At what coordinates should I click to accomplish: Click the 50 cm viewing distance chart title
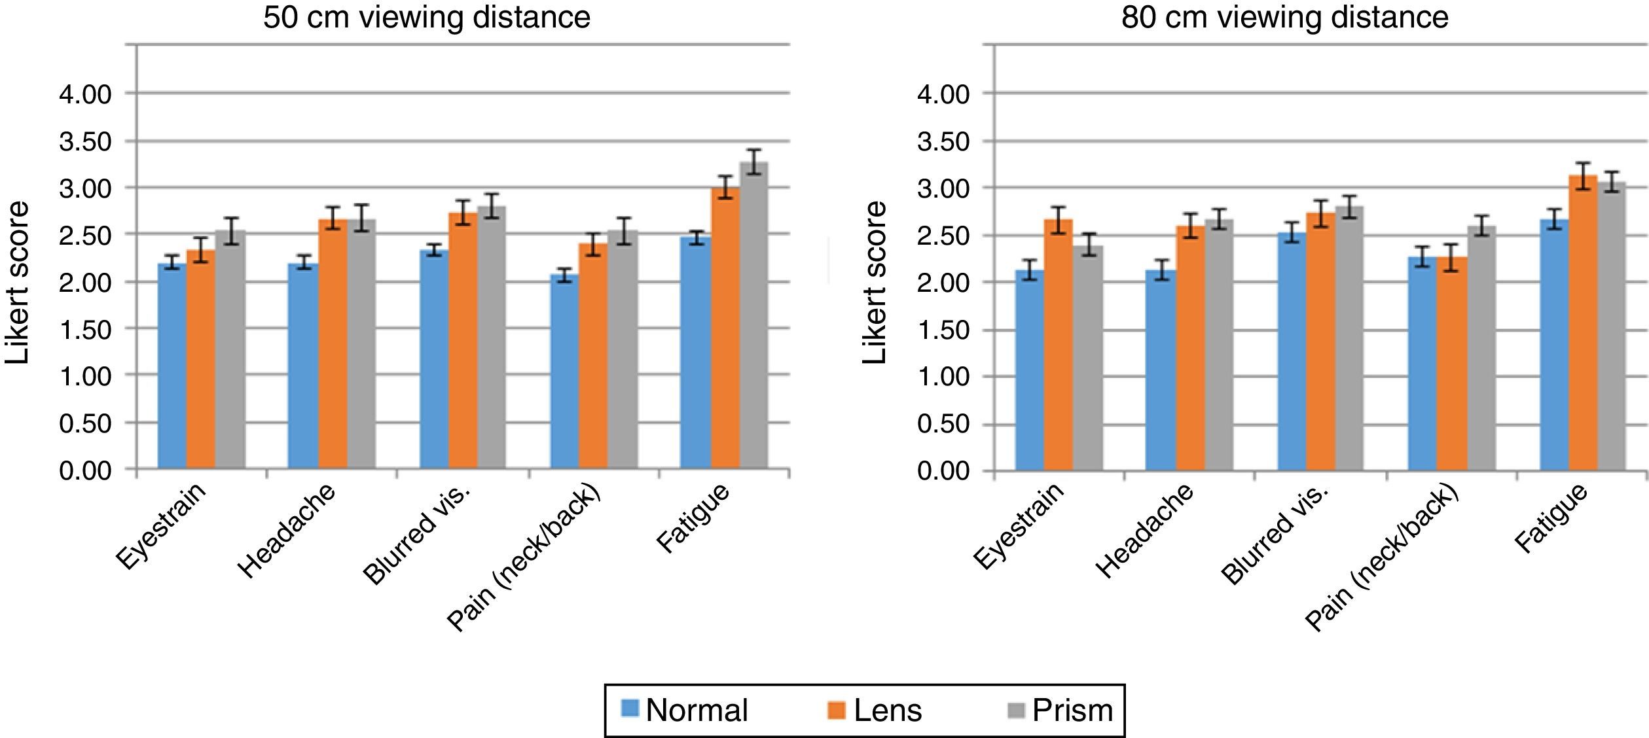tap(427, 18)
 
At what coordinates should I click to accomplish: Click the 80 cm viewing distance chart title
tap(1284, 18)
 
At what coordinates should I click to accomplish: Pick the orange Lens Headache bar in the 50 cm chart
tap(333, 343)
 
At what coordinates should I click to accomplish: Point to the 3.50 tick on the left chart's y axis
tap(85, 142)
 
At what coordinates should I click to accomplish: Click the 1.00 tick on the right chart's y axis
tap(943, 377)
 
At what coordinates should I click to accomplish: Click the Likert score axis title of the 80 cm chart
tap(875, 283)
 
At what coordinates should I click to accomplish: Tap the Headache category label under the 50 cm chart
tap(288, 531)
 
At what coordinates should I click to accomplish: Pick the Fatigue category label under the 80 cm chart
tap(1551, 518)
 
